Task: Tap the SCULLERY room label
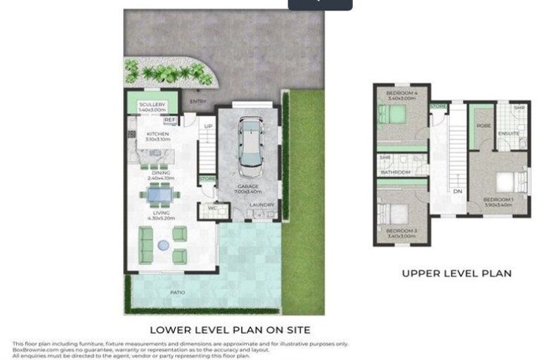[x=151, y=105]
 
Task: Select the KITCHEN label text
[x=157, y=134]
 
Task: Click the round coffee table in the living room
[x=163, y=245]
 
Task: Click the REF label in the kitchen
[x=169, y=120]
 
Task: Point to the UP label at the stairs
[x=208, y=126]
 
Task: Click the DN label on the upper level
[x=457, y=191]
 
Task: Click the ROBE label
[x=484, y=126]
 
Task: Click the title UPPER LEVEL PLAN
[x=456, y=273]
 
